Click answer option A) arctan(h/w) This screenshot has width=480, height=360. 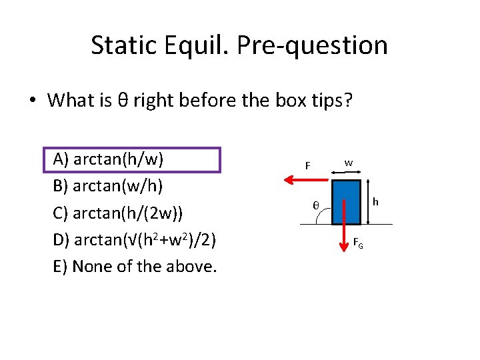pyautogui.click(x=109, y=160)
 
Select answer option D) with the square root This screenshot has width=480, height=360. pyautogui.click(x=133, y=240)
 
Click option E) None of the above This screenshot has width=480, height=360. pyautogui.click(x=135, y=267)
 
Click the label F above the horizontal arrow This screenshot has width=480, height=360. pyautogui.click(x=307, y=165)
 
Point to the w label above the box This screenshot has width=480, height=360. pyautogui.click(x=349, y=163)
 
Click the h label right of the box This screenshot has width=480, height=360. pyautogui.click(x=375, y=201)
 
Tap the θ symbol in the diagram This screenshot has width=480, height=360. pyautogui.click(x=316, y=205)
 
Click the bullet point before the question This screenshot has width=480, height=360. pyautogui.click(x=31, y=101)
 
